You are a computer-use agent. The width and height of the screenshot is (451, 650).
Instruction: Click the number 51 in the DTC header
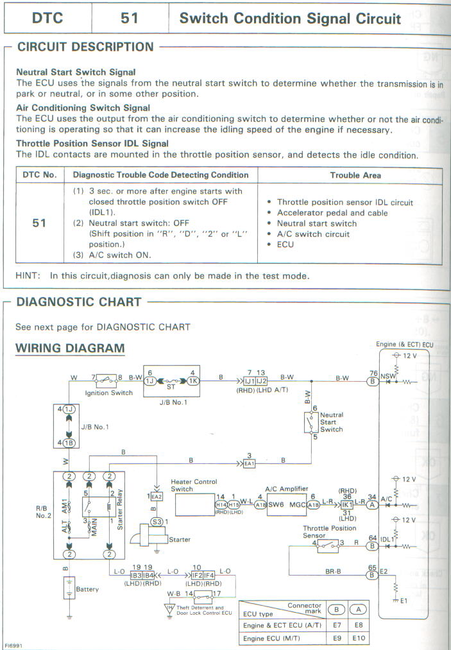point(130,18)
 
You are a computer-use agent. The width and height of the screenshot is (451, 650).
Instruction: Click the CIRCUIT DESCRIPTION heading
point(85,47)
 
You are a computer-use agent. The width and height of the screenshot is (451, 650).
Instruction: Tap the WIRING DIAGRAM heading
point(70,348)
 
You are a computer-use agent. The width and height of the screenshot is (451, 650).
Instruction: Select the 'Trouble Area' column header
point(355,175)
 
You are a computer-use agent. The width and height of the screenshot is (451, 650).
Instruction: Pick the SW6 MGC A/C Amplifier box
point(285,505)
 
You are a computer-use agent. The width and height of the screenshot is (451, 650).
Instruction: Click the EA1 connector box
point(250,463)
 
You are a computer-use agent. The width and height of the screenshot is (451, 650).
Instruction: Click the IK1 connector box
point(348,506)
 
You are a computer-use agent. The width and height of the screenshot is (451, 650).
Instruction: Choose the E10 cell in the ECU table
point(358,638)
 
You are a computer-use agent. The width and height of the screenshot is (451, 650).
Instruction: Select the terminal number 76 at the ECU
point(372,373)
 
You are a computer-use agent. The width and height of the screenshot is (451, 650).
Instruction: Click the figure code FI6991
point(12,645)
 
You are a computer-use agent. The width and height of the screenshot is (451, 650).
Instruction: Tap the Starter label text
point(179,540)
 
